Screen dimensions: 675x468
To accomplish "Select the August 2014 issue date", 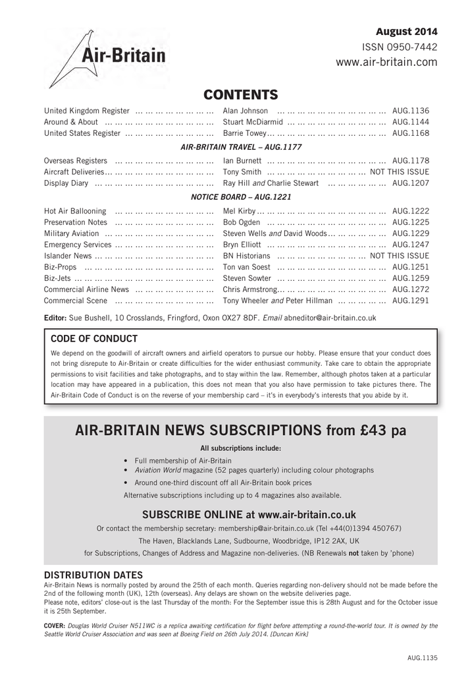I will (x=406, y=32).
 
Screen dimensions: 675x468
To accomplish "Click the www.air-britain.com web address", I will (x=386, y=62).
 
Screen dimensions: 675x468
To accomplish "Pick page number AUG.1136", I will (x=410, y=111).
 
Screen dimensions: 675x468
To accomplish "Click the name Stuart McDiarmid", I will (x=253, y=122).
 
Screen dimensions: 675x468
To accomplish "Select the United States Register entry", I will (x=82, y=133).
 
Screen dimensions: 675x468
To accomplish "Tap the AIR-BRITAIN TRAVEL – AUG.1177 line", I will (x=241, y=147).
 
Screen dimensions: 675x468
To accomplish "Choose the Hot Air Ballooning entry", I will (x=75, y=211).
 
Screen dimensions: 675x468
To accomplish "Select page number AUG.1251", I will (x=410, y=267).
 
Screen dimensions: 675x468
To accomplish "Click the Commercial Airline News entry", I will (x=86, y=289).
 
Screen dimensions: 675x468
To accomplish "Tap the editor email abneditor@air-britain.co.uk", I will (x=330, y=317).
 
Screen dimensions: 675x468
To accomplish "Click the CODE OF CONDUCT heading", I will (x=94, y=339).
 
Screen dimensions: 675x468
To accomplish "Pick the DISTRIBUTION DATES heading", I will (x=93, y=575).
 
